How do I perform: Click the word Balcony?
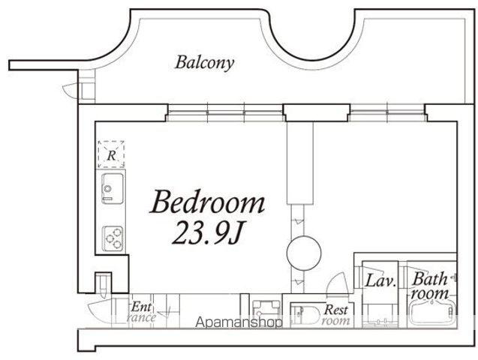(205, 63)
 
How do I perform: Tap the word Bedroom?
(207, 201)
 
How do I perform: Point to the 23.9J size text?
(207, 233)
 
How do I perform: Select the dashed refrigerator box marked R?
(111, 154)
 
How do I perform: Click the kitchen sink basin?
(113, 188)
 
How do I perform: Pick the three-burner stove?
(113, 238)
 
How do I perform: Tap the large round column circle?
(304, 253)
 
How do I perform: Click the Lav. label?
(380, 280)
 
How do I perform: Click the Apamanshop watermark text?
(239, 322)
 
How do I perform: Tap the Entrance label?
(141, 312)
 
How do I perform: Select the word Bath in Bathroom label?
(429, 279)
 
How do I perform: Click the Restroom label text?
(335, 315)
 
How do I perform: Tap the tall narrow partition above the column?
(300, 163)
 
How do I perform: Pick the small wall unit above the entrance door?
(103, 283)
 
